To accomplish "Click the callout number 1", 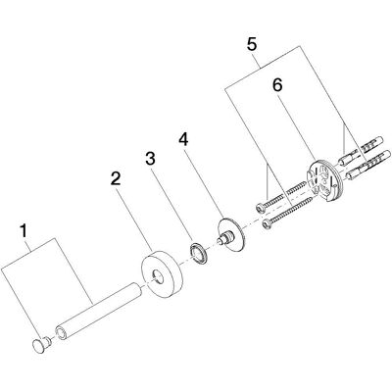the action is [x=23, y=231].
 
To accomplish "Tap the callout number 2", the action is [x=116, y=178].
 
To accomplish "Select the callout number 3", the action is [x=150, y=159].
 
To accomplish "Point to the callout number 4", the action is [x=183, y=139].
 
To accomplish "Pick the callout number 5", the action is [x=252, y=44].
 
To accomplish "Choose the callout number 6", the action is [x=277, y=85].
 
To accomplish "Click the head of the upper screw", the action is [x=261, y=207].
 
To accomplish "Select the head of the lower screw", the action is [x=268, y=224].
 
